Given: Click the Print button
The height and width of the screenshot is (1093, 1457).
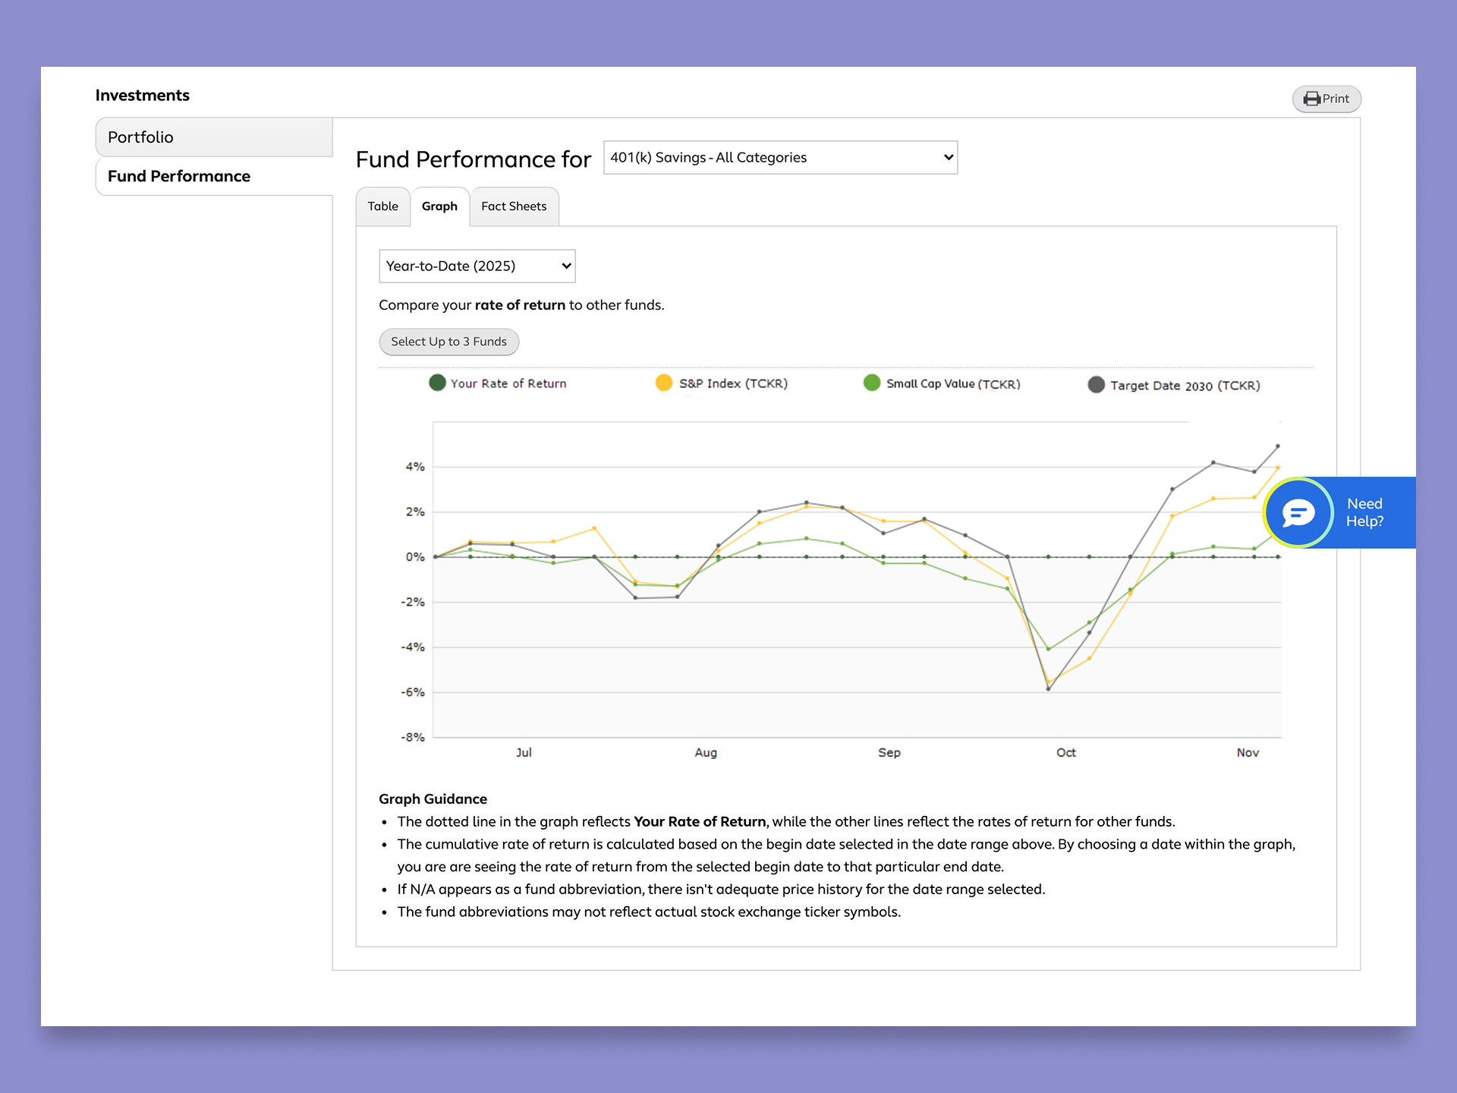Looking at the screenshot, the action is point(1326,99).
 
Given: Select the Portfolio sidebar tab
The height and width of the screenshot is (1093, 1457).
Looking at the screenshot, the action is point(214,137).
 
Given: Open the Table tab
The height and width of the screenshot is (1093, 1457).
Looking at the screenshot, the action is point(383,206).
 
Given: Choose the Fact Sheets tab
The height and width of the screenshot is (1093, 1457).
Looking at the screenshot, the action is point(514,206).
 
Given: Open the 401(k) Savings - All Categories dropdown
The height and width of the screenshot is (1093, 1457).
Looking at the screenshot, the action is point(780,157).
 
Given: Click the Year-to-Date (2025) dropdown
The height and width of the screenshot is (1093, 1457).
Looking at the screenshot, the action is point(477,266).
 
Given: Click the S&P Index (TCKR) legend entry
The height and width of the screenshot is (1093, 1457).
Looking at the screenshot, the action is point(722,383).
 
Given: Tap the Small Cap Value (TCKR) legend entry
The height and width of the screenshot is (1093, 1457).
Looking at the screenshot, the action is point(942,383).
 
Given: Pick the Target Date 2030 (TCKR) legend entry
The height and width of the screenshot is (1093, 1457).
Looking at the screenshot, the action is point(1174,385).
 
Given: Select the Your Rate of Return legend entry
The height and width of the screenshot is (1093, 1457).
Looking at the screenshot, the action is point(498,383).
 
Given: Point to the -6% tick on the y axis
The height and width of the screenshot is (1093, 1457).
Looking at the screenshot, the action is point(413,692).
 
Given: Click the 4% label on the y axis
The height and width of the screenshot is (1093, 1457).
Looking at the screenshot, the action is point(415,467).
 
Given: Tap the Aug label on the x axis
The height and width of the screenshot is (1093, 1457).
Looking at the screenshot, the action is point(706,752).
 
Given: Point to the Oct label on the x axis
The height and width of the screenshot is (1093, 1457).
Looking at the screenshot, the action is point(1066,752).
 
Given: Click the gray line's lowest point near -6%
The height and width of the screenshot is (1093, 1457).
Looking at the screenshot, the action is point(1048,688).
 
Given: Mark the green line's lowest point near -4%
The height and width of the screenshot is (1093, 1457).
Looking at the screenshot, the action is point(1049,649).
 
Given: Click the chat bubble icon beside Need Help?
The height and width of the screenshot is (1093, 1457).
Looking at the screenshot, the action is point(1298,513).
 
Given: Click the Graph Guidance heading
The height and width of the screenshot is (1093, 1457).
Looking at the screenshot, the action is point(433,798).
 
